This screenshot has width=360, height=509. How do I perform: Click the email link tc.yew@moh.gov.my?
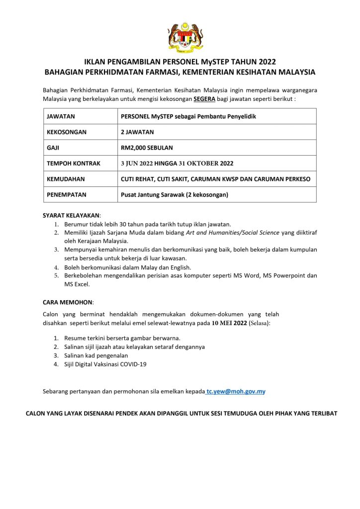point(236,392)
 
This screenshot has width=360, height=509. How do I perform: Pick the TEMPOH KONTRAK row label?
point(74,163)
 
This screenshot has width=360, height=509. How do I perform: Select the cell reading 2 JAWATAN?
point(138,132)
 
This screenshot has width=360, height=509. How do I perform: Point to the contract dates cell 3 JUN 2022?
point(177,163)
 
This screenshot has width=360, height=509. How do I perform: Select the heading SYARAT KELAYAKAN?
point(72,215)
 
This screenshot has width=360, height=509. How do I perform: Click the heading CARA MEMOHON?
point(68,302)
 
